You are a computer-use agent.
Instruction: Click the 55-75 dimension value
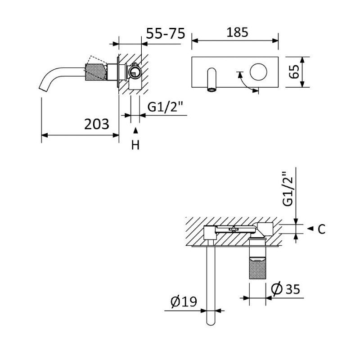[166, 33]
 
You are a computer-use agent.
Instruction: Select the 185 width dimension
[237, 32]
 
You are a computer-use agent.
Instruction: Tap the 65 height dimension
[294, 72]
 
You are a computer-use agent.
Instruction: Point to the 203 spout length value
[97, 124]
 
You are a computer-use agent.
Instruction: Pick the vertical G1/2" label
[288, 189]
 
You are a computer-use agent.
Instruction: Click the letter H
[135, 145]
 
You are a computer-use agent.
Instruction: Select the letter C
[322, 229]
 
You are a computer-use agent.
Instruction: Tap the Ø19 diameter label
[184, 301]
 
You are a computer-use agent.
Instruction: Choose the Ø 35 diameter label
[285, 289]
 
